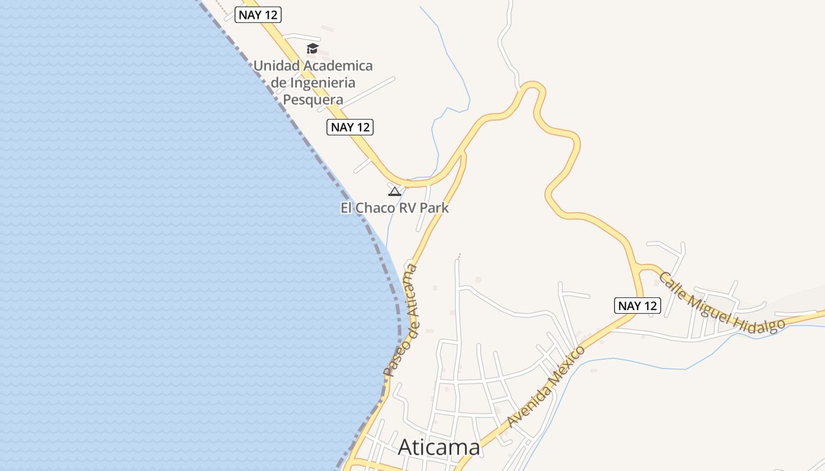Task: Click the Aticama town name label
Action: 439,447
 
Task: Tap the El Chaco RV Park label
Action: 394,208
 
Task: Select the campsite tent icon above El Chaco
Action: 395,191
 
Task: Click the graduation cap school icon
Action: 312,48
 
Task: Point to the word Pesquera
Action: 313,99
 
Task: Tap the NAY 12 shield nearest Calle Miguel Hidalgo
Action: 638,306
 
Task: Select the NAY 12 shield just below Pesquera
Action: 350,127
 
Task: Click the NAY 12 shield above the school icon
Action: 258,15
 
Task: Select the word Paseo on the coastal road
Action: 394,357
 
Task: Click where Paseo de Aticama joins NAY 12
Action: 463,152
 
